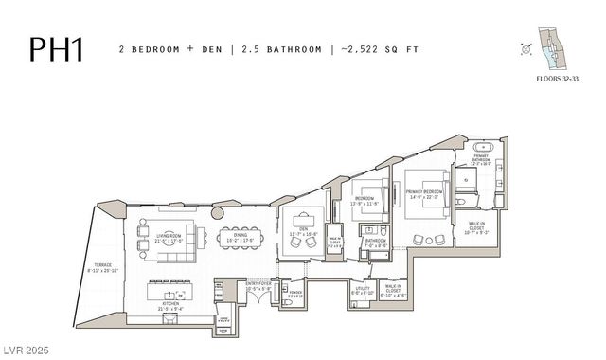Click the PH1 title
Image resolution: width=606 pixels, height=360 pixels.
[x=56, y=48]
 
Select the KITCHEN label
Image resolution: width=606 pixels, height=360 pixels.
[x=176, y=305]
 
